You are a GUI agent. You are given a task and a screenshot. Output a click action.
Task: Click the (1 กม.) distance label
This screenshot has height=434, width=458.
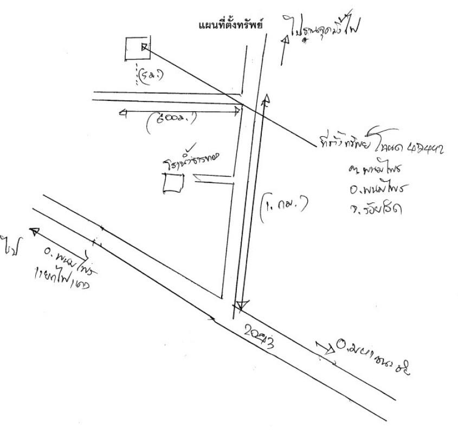pyautogui.click(x=282, y=205)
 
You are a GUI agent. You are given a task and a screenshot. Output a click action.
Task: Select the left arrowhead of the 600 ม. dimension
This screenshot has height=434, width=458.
pyautogui.click(x=122, y=112)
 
